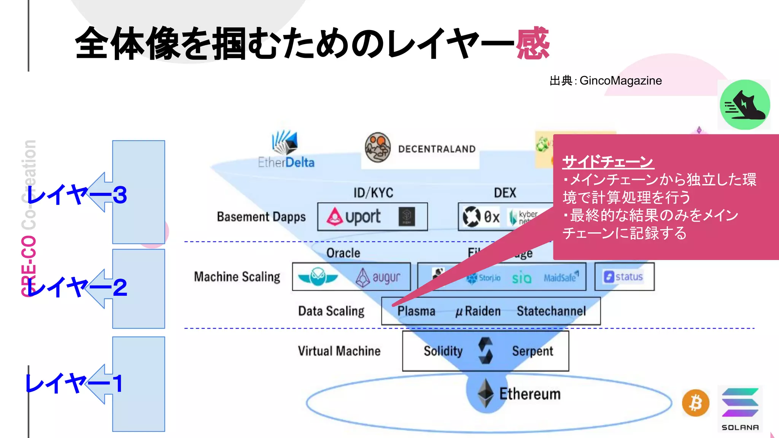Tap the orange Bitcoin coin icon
click(x=696, y=403)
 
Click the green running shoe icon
click(x=745, y=105)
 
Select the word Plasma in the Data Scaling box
click(x=416, y=311)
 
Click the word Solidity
click(x=443, y=351)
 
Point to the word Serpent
click(x=533, y=351)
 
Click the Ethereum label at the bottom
click(x=529, y=394)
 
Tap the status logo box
click(x=624, y=277)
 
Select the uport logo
click(x=354, y=217)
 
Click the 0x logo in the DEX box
click(x=481, y=217)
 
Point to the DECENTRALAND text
click(x=437, y=149)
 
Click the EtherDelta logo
click(x=286, y=150)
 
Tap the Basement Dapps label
click(x=261, y=217)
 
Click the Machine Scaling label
click(x=237, y=277)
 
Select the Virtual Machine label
click(x=339, y=351)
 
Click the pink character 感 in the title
click(x=533, y=44)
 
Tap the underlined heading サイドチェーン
click(x=607, y=162)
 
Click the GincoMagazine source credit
click(x=620, y=81)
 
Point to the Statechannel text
click(x=551, y=311)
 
